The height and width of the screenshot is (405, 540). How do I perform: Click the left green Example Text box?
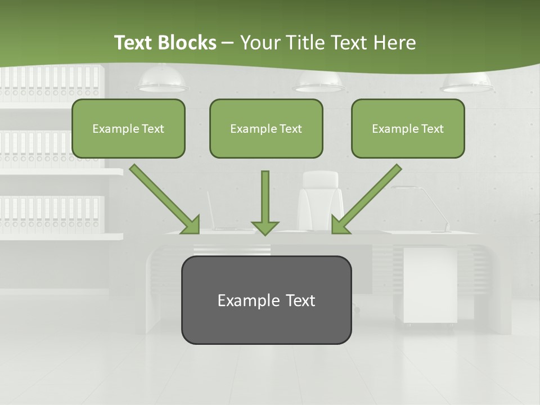[x=128, y=128]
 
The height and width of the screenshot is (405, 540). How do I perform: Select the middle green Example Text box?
[x=266, y=128]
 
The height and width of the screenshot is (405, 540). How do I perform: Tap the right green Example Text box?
[x=408, y=128]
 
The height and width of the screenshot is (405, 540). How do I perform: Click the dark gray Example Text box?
[x=266, y=300]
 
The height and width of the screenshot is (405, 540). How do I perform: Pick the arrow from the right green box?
[x=366, y=200]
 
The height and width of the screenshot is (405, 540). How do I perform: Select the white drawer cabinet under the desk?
[x=430, y=284]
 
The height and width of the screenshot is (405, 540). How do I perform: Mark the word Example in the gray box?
[x=241, y=300]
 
